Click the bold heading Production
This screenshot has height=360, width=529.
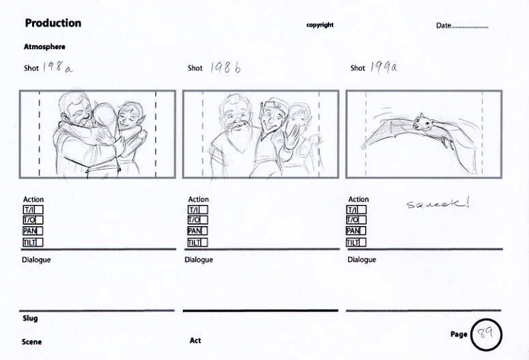click(53, 23)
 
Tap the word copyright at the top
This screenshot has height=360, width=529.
click(320, 25)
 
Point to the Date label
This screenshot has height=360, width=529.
click(443, 25)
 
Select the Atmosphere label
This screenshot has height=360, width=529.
click(44, 46)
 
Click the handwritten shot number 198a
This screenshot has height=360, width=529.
click(57, 67)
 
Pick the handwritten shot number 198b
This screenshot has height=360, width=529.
click(225, 68)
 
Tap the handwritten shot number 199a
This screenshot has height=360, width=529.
click(384, 67)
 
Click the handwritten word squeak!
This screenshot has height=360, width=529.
click(438, 204)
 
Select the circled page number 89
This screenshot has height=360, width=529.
click(486, 334)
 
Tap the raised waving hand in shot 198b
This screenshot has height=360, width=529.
click(292, 137)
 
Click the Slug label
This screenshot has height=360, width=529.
click(30, 318)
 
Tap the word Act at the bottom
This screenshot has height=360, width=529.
click(195, 340)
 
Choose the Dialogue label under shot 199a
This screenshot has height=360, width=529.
click(362, 260)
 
